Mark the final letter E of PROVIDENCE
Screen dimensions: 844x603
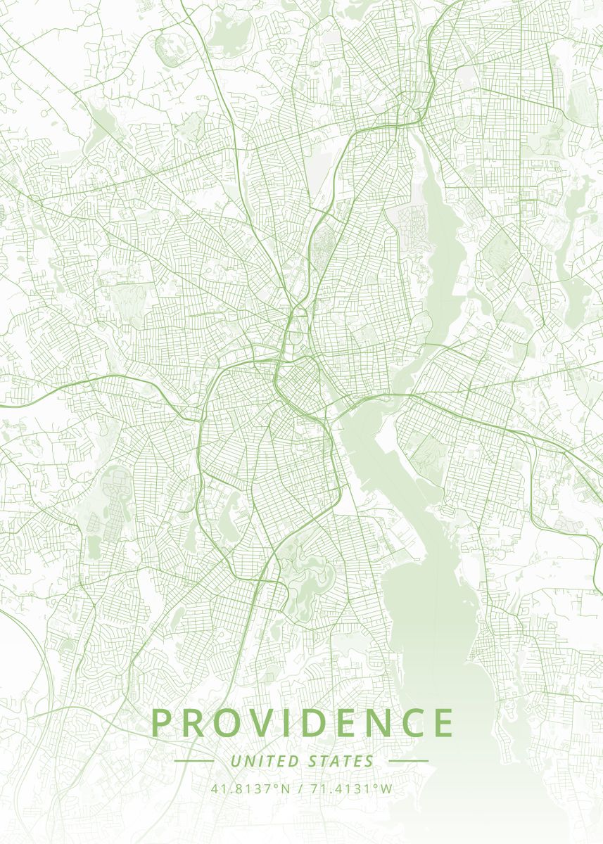click(444, 723)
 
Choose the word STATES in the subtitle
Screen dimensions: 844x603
click(341, 761)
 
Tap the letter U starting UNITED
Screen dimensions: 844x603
click(235, 761)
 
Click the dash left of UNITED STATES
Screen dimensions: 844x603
click(193, 761)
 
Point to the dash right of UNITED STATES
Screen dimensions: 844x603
click(408, 761)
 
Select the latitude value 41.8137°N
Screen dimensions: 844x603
click(250, 788)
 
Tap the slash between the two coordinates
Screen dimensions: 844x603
click(300, 788)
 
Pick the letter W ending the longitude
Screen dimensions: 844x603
click(386, 788)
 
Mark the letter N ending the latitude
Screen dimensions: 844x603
click(285, 788)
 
